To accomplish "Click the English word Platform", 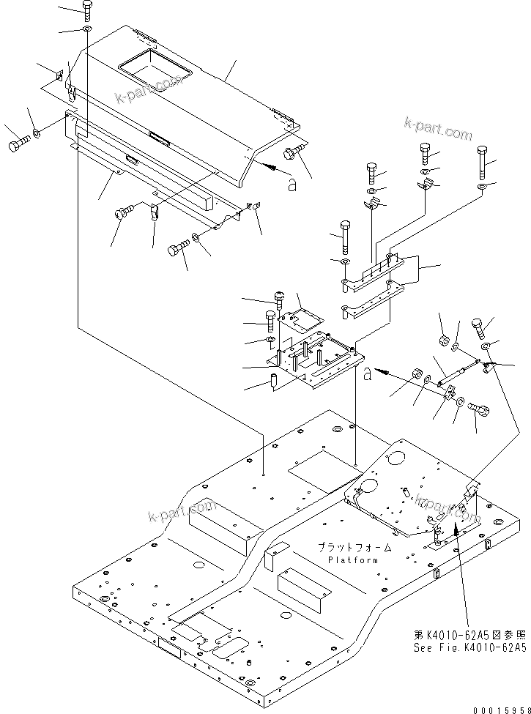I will [x=353, y=560].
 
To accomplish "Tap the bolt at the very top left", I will [x=87, y=10].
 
